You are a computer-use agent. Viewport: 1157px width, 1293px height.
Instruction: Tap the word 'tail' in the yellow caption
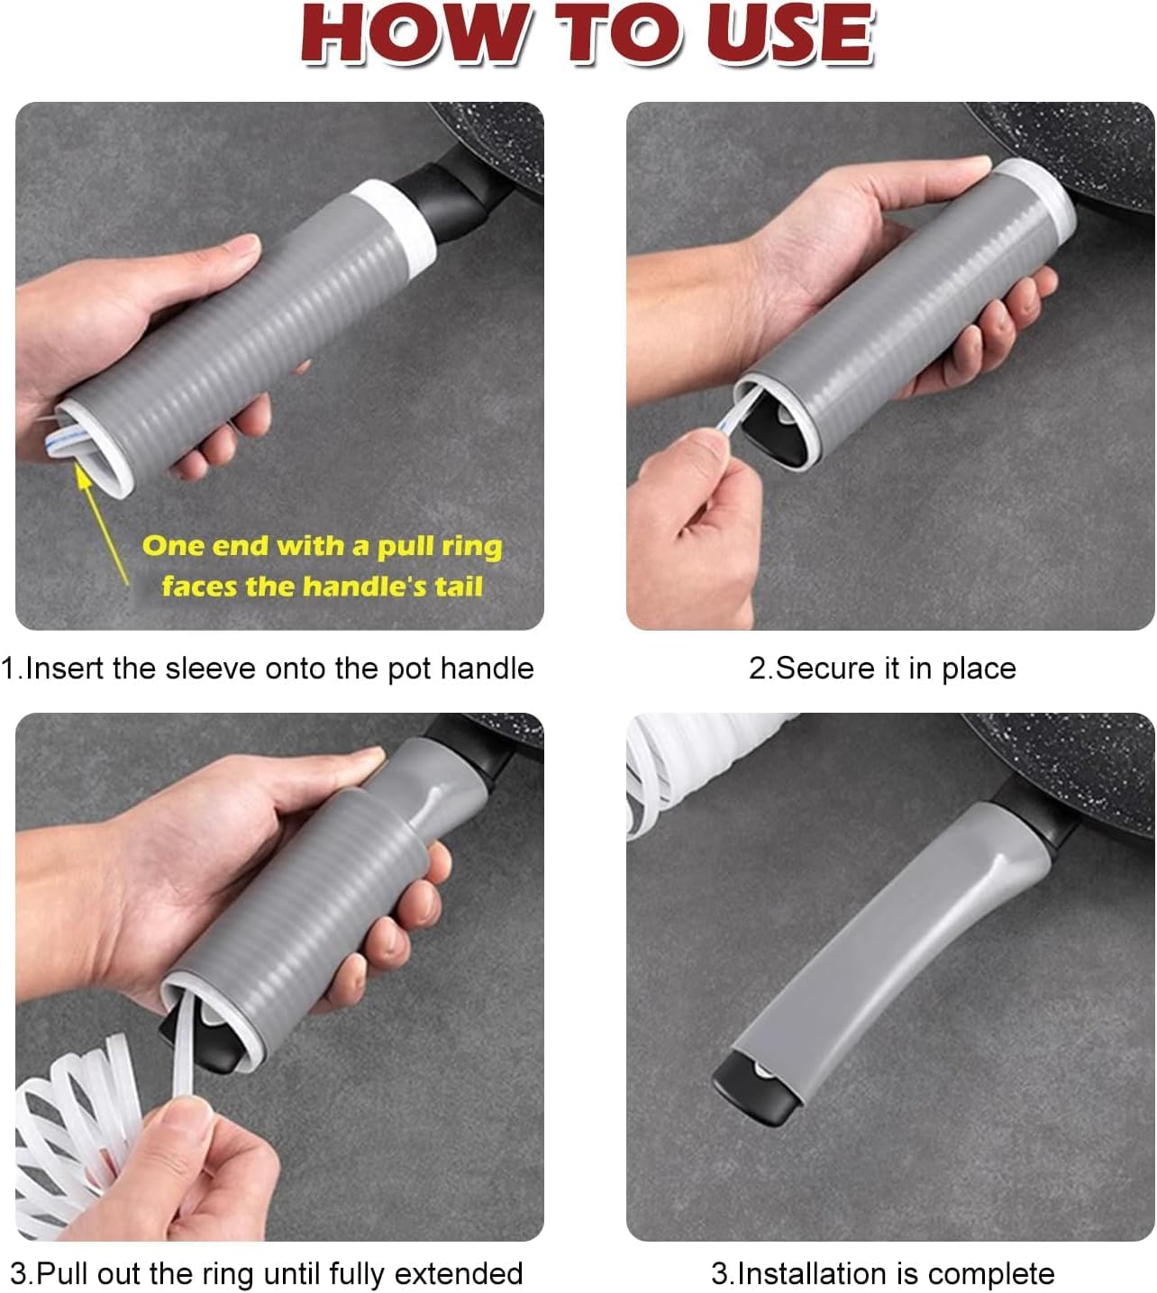(459, 586)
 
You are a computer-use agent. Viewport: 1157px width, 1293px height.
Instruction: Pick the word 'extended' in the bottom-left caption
(459, 1273)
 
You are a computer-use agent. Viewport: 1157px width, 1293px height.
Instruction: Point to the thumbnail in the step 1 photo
(245, 243)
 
